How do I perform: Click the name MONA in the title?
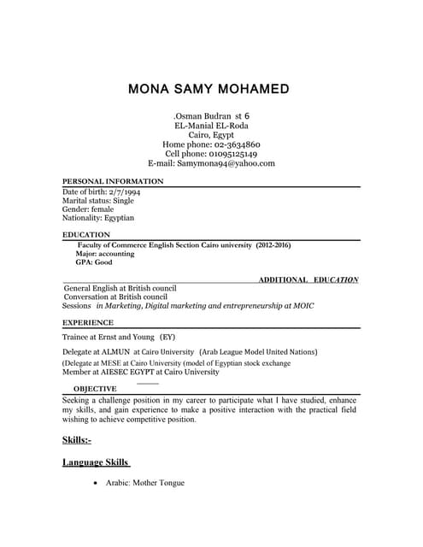pos(151,89)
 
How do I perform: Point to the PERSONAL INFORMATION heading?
pos(113,182)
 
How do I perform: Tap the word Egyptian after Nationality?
pos(119,218)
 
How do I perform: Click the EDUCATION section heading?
pos(86,234)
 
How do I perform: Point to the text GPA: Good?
pos(94,262)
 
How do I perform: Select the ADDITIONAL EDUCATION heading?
pos(308,279)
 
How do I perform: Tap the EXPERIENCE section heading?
pos(88,323)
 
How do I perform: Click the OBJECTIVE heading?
pos(95,389)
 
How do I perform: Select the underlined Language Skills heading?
pos(96,462)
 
